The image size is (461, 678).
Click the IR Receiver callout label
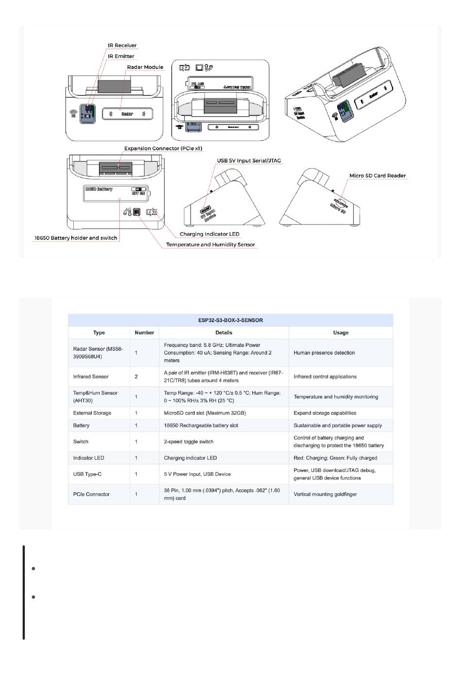pos(122,46)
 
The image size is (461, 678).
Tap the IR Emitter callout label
pos(121,56)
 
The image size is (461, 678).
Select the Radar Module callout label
pos(145,67)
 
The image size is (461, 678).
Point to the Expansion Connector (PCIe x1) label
pos(163,148)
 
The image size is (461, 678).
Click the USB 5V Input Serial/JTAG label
pos(248,161)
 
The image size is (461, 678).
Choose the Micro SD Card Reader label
pos(378,176)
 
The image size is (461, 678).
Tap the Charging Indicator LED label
pos(209,234)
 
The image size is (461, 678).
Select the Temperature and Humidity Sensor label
pos(210,244)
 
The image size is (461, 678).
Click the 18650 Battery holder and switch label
pos(76,238)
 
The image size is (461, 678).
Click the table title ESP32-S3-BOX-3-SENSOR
pos(230,320)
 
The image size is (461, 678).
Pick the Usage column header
pos(341,333)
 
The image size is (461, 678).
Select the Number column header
pos(144,333)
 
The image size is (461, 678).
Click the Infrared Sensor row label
pos(91,376)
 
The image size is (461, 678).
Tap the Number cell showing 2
pos(136,376)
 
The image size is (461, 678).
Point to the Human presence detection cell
pos(324,353)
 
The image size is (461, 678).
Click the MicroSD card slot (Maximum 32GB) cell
pos(205,413)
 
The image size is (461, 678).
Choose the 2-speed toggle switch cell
pos(189,442)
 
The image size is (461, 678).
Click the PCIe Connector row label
pos(91,494)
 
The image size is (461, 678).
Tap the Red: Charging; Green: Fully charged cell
pos(335,458)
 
